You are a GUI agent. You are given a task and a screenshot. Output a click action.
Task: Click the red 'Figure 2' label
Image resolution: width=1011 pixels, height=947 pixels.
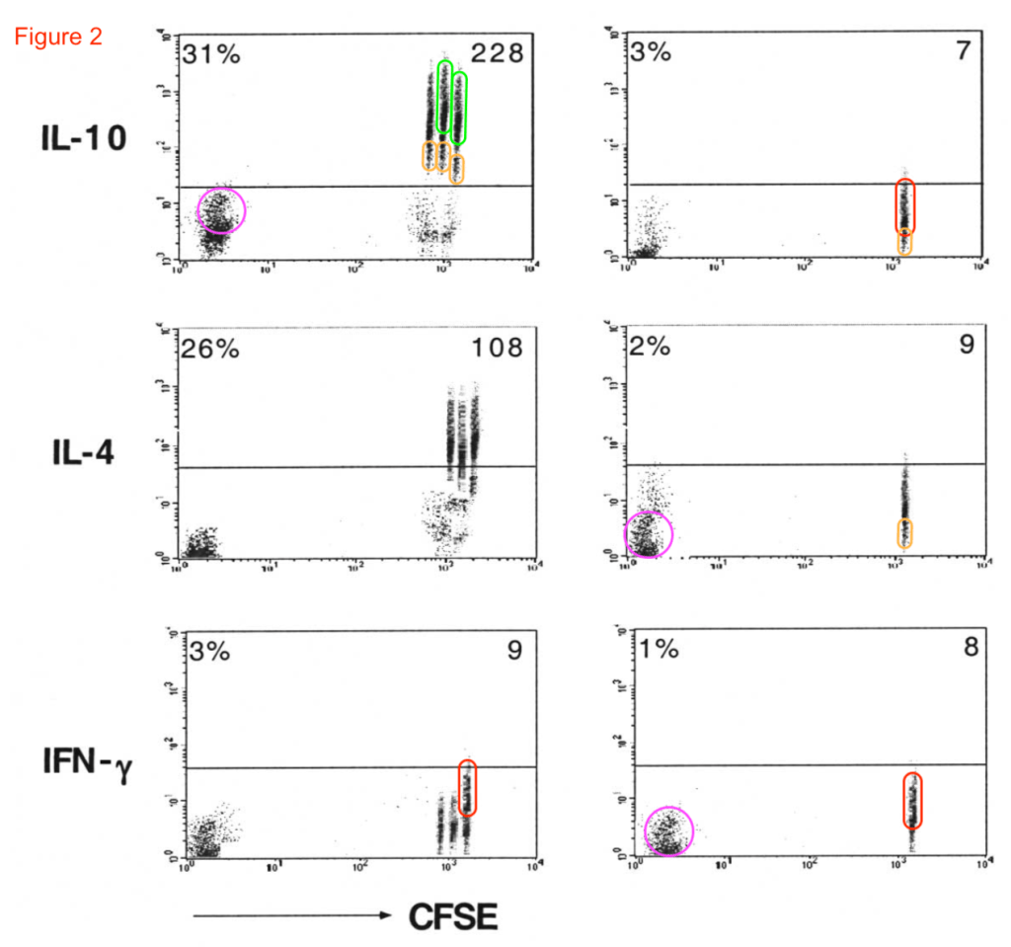[57, 38]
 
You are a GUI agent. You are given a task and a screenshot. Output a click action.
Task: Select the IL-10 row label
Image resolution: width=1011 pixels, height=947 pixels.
[83, 138]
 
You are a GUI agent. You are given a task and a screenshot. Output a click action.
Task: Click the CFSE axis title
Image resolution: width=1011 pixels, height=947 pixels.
[453, 916]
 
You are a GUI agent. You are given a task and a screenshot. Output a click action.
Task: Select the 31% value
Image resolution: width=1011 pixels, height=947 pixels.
[210, 53]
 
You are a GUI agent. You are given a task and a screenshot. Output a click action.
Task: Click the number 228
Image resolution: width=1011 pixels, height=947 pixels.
[495, 53]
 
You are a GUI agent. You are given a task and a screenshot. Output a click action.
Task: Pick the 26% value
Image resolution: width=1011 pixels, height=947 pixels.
[209, 348]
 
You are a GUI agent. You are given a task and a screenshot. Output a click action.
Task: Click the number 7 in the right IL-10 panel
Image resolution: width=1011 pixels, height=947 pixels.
[963, 51]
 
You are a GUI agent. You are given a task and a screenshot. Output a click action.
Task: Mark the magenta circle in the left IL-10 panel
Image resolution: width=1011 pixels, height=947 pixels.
[221, 210]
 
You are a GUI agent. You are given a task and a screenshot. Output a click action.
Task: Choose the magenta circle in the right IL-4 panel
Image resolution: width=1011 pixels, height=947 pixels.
[649, 534]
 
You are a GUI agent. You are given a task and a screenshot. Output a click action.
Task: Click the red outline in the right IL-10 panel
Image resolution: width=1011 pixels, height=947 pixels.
[905, 205]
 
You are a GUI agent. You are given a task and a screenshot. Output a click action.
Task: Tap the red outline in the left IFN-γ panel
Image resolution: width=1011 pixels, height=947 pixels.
[468, 787]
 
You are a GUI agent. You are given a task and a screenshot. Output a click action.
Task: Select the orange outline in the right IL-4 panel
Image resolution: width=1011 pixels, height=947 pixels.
[904, 533]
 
